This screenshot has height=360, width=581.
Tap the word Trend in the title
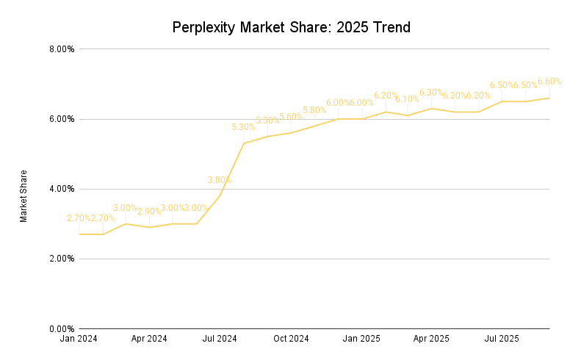[x=388, y=28]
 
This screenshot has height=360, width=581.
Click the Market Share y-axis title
[x=24, y=196]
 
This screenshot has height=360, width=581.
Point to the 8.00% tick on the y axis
[x=61, y=49]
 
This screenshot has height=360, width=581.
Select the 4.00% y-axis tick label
[x=61, y=189]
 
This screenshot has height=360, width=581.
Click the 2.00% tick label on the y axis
[x=61, y=259]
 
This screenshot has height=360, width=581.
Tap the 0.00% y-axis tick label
[x=61, y=328]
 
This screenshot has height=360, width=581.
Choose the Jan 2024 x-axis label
[x=79, y=339]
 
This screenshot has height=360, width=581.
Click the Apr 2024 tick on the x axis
[x=149, y=339]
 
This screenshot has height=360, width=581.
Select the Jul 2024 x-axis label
[x=220, y=339]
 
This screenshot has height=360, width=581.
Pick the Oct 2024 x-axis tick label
[x=291, y=339]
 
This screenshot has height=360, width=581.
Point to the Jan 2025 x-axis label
[x=361, y=339]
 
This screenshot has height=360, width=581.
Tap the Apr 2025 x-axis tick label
[x=431, y=339]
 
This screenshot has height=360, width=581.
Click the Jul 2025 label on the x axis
[x=502, y=339]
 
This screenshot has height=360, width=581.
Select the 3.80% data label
[x=220, y=180]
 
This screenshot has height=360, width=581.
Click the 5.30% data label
[x=243, y=127]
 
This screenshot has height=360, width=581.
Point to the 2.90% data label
[x=149, y=212]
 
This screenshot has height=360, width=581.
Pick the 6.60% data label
[x=549, y=82]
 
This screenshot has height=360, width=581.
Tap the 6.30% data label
[x=431, y=93]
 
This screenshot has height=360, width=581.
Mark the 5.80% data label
[x=314, y=110]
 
